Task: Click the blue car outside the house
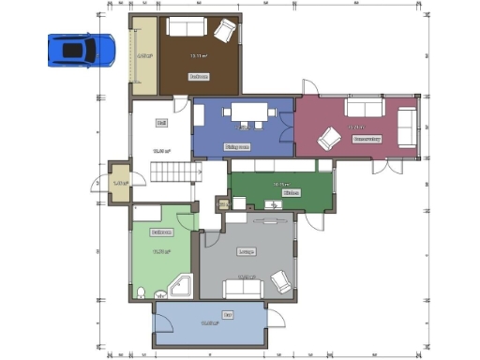82,50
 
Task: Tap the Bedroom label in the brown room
198,76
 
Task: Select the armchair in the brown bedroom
224,32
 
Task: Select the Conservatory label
367,138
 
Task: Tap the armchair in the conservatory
329,139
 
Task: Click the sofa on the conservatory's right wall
406,127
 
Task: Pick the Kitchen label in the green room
292,192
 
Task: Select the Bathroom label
161,231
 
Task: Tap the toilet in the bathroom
142,293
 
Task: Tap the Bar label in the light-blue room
227,314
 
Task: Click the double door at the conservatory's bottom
384,166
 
